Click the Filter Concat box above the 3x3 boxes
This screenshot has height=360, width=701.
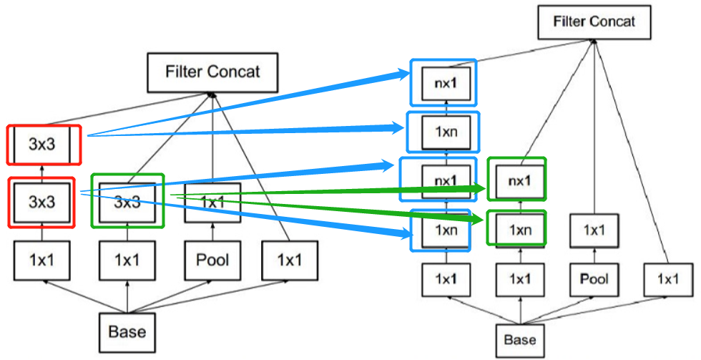coord(212,72)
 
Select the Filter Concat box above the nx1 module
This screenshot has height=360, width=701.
coord(594,21)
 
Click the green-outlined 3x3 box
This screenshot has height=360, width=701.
coord(127,201)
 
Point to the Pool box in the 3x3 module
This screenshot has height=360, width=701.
coord(213,261)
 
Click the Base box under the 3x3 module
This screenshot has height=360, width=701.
coord(127,331)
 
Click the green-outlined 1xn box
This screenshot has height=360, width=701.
coord(516,228)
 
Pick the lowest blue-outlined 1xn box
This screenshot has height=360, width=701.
coord(441,230)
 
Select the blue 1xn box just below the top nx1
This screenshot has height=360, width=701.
coord(442,131)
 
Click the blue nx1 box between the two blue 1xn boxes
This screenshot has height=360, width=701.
coord(442,180)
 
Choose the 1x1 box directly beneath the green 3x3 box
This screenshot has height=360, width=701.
coord(127,261)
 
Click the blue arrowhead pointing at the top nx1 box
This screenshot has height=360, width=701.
coord(401,74)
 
